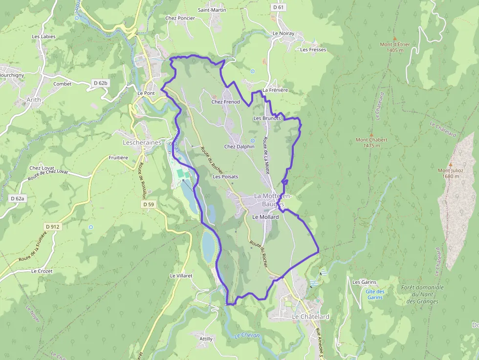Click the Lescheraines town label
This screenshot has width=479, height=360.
click(x=141, y=142)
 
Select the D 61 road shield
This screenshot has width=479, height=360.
click(x=278, y=7)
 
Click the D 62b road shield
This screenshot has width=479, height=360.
click(x=100, y=84)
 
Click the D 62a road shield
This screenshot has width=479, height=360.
click(x=17, y=198)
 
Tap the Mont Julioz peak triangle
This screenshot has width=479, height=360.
click(x=451, y=165)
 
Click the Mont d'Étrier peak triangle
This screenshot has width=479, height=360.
click(x=394, y=38)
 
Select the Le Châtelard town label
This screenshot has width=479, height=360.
click(x=310, y=317)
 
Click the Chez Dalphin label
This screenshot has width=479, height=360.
click(x=239, y=147)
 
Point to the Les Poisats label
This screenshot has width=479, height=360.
click(x=225, y=176)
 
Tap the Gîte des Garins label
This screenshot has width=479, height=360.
click(x=375, y=295)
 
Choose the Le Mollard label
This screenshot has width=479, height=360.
click(x=265, y=217)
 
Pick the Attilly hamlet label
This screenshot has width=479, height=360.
click(x=206, y=339)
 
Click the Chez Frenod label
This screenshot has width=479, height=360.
click(x=225, y=102)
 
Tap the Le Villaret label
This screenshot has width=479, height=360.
click(x=181, y=275)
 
